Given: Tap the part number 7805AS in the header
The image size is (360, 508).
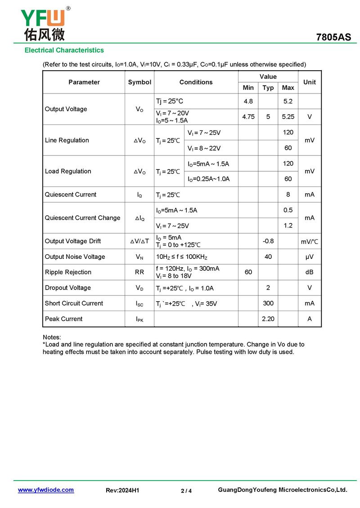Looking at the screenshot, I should [333, 37].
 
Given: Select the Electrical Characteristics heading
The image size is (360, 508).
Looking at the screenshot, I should [64, 50].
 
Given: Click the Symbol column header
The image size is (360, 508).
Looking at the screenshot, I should [139, 82].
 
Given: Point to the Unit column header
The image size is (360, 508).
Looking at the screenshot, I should [310, 82].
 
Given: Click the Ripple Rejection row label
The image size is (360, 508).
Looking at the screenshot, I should [68, 272].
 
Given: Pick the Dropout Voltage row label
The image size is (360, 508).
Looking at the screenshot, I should [67, 288].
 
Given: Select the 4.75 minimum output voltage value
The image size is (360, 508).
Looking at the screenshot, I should [248, 116].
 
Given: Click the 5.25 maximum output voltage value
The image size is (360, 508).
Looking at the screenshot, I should [288, 116].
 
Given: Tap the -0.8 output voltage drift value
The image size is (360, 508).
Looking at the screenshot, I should [268, 241].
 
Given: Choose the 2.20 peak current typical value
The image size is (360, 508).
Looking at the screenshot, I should [268, 319].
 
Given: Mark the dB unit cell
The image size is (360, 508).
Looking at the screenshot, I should [310, 272].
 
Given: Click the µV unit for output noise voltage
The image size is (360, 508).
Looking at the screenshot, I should [310, 257].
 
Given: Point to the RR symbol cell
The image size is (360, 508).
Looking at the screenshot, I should [139, 272].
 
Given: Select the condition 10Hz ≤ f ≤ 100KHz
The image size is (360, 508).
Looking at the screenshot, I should [182, 257].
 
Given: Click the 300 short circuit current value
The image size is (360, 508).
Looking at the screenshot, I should [268, 303].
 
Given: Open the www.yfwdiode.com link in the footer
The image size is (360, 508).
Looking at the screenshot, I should [46, 490].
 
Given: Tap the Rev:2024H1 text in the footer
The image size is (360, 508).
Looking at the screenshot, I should [122, 490].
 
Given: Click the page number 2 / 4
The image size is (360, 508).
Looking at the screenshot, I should [186, 491].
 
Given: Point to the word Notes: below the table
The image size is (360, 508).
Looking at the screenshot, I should [52, 337].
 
